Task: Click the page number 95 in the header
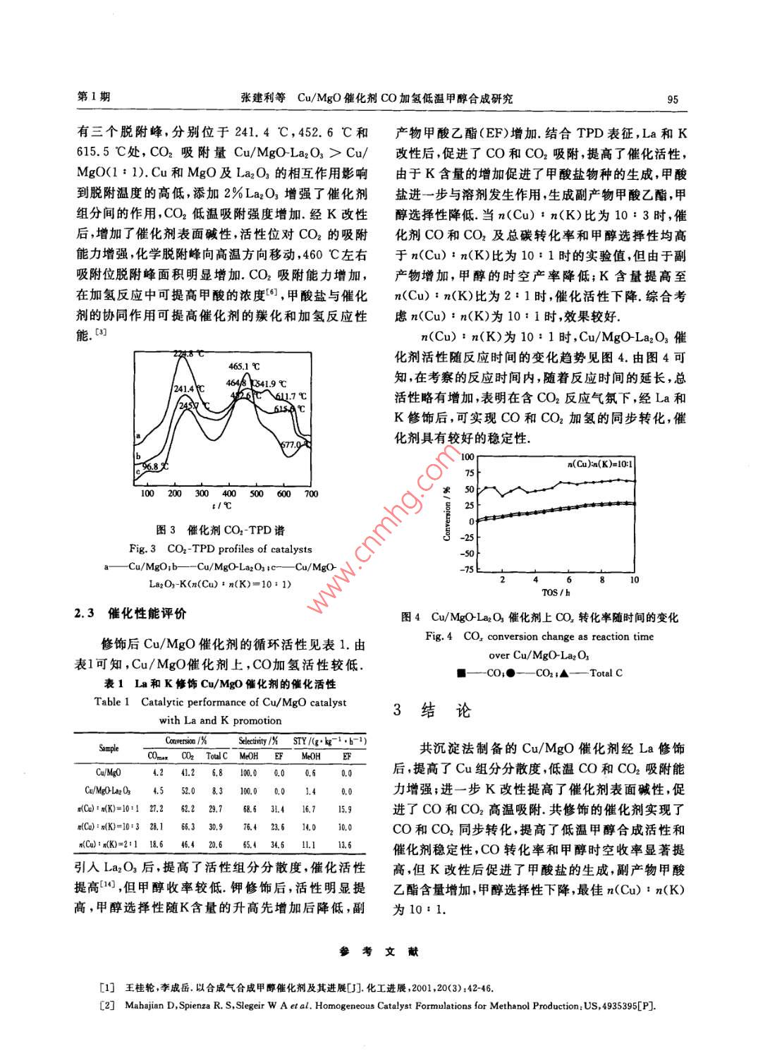[x=672, y=99]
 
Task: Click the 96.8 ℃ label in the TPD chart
[x=155, y=466]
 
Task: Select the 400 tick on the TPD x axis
[x=229, y=494]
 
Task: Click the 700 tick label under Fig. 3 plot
[x=311, y=494]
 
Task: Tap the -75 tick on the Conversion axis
[x=467, y=570]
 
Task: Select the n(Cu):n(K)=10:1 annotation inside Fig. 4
[x=601, y=464]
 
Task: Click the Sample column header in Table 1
[x=109, y=748]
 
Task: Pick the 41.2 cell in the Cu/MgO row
[x=188, y=773]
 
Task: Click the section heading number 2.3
[x=85, y=614]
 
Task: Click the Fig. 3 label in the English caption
[x=142, y=549]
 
